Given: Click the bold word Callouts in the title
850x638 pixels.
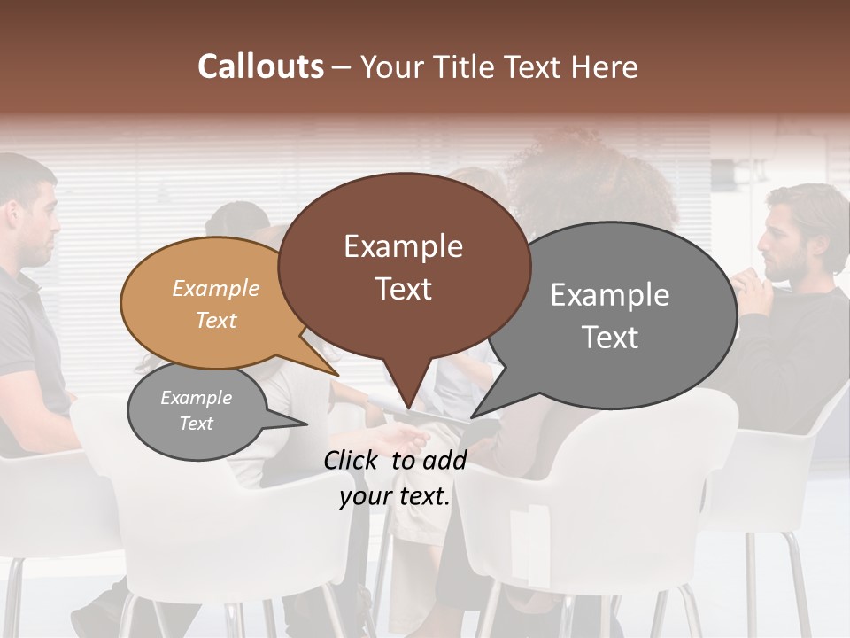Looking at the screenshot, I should point(260,66).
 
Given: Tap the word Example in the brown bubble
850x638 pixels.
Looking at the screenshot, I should point(404,246).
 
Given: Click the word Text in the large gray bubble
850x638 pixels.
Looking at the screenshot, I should point(610,337).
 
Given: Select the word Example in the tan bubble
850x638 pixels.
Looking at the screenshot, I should point(215,288).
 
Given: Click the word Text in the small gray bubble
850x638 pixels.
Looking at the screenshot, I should point(196,424).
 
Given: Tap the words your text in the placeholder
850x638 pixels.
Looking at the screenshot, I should point(395,496).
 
